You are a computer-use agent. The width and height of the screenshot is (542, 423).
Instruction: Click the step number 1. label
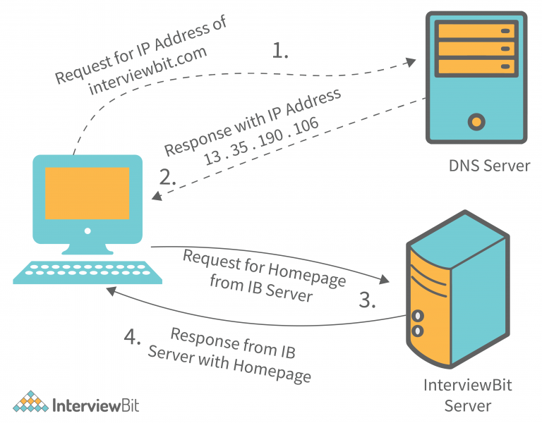pyautogui.click(x=280, y=51)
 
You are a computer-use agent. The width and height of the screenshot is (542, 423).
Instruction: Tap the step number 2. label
pyautogui.click(x=168, y=177)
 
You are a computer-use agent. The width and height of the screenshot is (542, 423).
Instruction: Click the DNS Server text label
pyautogui.click(x=489, y=166)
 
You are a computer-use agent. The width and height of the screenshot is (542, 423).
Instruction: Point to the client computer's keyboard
pyautogui.click(x=88, y=273)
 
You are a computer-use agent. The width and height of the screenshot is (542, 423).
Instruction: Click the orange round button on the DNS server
pyautogui.click(x=477, y=121)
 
